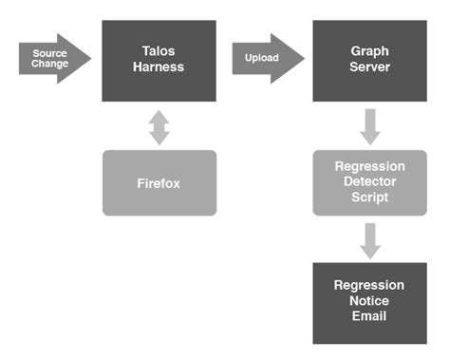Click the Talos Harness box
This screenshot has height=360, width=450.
point(159,61)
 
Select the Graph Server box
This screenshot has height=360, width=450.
point(369,61)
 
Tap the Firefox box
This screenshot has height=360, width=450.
point(159,182)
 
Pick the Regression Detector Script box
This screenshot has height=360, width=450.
point(369,182)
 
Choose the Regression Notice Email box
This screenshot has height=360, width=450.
point(369,302)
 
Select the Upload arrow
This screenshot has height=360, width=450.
point(267,59)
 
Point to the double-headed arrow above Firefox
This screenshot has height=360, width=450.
point(159,125)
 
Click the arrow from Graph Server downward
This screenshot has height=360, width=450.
point(370,125)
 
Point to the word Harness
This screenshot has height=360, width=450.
point(159,68)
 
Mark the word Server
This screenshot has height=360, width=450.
point(369,68)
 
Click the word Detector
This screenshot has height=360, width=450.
point(369,182)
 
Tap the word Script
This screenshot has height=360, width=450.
point(369,198)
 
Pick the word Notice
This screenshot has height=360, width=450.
point(369,301)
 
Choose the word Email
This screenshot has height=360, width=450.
point(369,316)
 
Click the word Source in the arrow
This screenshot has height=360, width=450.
point(49,53)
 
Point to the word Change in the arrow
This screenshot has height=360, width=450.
point(49,65)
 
